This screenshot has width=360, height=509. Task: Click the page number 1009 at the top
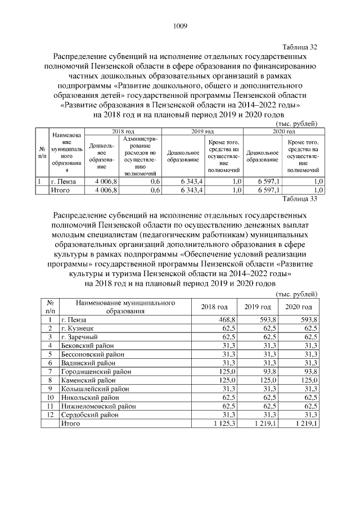180,25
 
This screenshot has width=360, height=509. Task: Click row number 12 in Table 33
49,415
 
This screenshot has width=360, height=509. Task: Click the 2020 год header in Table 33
299,307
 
